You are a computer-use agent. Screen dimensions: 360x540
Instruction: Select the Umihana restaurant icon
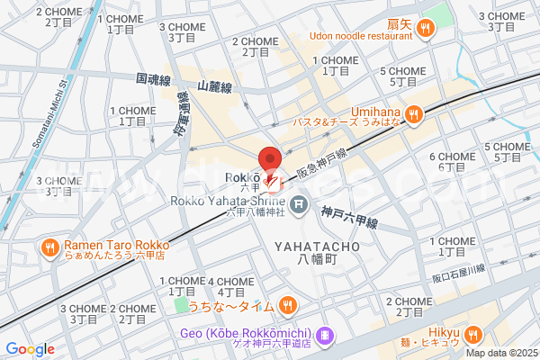pyautogui.click(x=414, y=113)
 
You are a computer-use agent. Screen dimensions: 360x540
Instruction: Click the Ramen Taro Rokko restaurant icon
pyautogui.click(x=49, y=246)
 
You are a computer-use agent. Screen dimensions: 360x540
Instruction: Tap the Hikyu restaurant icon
pyautogui.click(x=474, y=334)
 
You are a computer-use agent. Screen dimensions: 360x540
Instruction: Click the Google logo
pyautogui.click(x=30, y=349)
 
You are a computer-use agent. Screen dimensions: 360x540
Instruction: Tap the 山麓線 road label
pyautogui.click(x=215, y=87)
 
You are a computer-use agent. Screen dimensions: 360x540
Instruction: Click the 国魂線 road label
pyautogui.click(x=154, y=80)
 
